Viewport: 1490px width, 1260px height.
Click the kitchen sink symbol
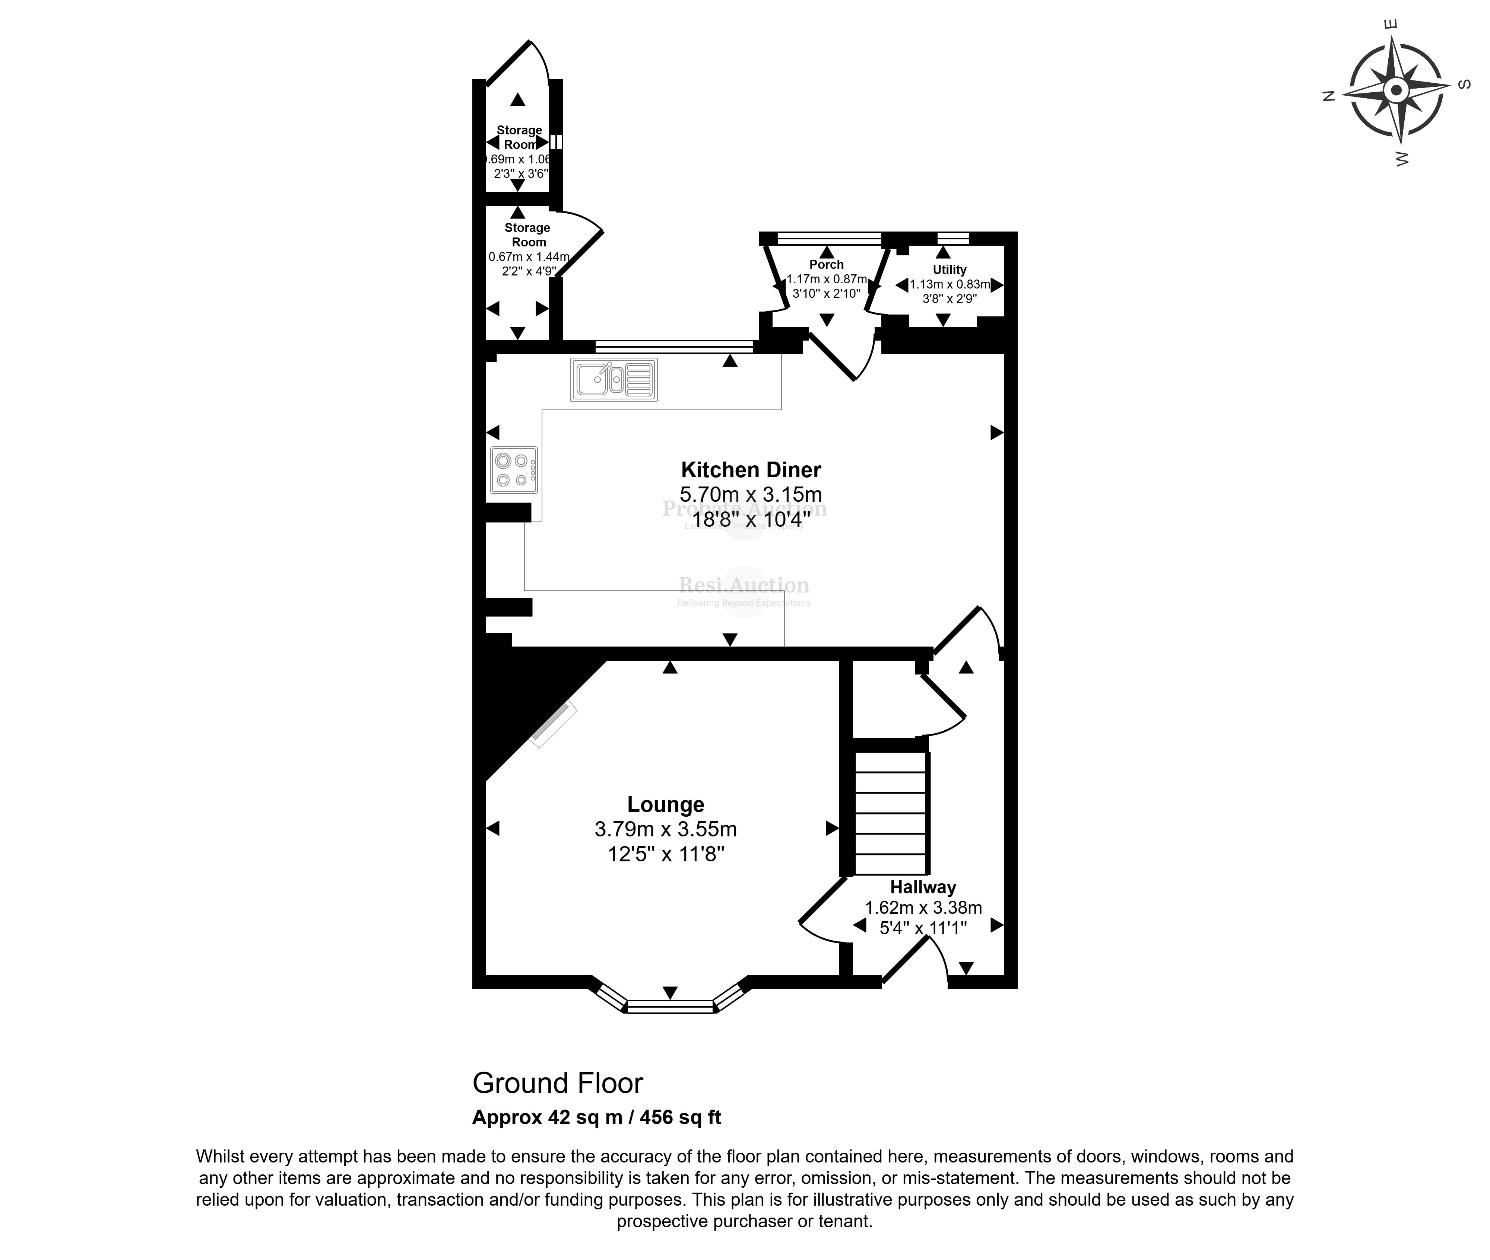[613, 379]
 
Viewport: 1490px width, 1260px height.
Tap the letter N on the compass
[1329, 96]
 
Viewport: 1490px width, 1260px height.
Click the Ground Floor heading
[557, 1084]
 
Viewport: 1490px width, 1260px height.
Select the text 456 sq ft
[680, 1117]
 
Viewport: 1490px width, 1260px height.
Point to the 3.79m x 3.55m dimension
[665, 829]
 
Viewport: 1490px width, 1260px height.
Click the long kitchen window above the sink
[674, 347]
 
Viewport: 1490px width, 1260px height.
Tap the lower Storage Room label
[527, 234]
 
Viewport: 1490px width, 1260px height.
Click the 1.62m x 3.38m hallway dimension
[923, 908]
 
